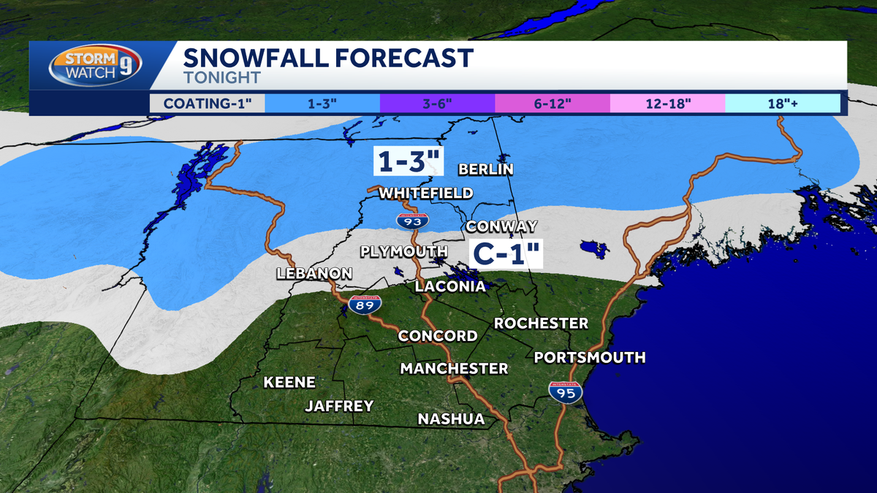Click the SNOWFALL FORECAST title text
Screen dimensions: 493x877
[328, 58]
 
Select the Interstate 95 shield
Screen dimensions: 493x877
[566, 391]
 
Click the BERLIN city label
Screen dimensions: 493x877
[485, 169]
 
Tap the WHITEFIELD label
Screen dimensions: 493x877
[425, 193]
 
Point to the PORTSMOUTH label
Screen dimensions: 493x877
[590, 357]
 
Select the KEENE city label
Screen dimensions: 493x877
[289, 382]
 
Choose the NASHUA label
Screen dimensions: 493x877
[451, 419]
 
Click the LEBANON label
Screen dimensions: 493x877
[314, 273]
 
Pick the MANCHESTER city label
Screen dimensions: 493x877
[454, 368]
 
